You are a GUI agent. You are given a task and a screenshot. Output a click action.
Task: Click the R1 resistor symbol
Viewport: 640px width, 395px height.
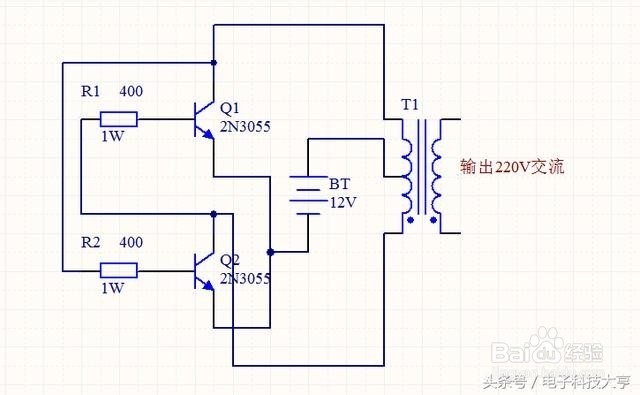pos(119,121)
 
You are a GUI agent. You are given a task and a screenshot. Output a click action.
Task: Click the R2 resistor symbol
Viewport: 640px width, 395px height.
pos(119,269)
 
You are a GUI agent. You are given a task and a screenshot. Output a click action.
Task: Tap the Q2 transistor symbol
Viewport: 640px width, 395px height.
pos(204,269)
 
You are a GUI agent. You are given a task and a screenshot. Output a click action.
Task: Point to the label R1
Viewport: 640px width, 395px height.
pos(89,92)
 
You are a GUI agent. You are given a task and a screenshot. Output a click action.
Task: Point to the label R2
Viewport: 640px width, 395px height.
pos(89,242)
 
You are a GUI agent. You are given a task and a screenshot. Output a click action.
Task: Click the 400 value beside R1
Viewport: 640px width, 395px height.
pos(130,92)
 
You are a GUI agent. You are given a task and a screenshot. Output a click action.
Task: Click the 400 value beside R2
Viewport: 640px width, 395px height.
pos(130,242)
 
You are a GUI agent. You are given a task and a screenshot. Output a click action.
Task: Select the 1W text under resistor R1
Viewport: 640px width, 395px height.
pos(112,138)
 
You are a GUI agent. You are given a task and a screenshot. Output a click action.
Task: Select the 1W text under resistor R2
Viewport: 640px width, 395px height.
pos(112,288)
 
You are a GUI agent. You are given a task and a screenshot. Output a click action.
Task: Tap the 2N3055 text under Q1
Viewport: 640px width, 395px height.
pos(245,127)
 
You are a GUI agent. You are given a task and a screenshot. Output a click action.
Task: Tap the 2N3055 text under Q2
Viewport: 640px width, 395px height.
pos(245,278)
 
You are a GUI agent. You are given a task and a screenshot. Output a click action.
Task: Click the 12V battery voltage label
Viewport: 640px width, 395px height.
pos(342,202)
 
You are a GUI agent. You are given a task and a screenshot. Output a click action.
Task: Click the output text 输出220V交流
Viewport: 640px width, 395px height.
pos(512,167)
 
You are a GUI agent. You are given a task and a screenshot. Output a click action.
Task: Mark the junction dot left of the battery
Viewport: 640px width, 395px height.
pos(270,251)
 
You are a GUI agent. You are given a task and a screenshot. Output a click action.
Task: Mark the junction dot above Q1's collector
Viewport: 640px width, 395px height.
pos(214,62)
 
